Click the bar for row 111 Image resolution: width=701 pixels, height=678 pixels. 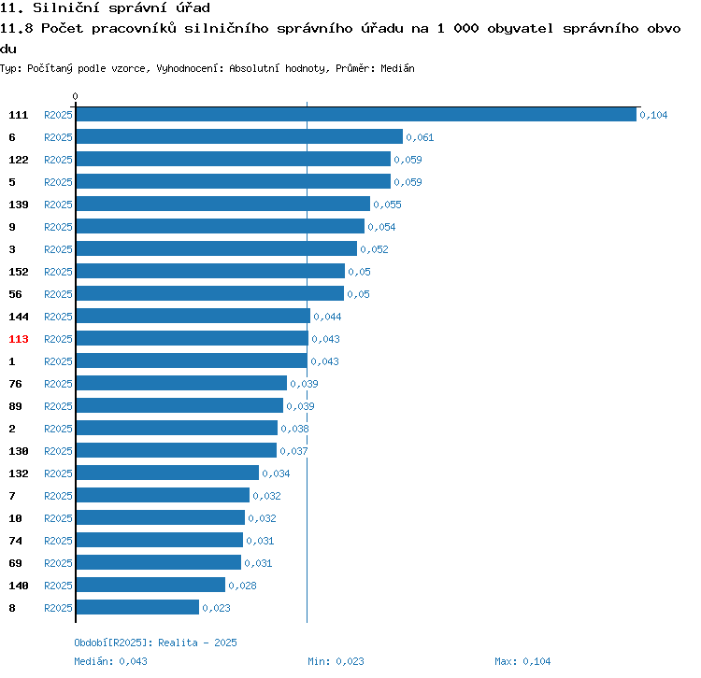tap(356, 114)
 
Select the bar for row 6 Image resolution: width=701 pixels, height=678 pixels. tap(239, 136)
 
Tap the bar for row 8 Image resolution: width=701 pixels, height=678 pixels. tap(137, 607)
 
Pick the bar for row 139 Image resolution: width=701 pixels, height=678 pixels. tap(223, 204)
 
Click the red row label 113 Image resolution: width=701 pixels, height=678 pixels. tap(19, 339)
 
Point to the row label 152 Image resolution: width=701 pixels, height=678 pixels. tap(19, 272)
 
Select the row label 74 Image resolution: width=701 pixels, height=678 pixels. tap(15, 541)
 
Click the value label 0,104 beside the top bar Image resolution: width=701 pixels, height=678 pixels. tap(653, 115)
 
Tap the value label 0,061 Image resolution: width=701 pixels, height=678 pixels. tap(420, 137)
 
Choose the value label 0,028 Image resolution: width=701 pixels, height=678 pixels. tap(242, 586)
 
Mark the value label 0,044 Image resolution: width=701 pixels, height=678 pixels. tap(327, 317)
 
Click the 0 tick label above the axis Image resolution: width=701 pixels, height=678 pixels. tap(75, 96)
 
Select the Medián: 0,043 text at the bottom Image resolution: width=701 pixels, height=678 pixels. tap(110, 661)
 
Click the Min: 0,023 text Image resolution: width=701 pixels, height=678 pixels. tap(336, 661)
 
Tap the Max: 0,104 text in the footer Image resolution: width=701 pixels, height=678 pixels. tap(522, 661)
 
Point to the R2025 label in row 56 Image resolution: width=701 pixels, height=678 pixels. tap(58, 294)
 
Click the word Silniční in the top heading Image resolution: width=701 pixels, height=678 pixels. tap(66, 7)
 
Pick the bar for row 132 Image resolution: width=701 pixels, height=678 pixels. tap(167, 473)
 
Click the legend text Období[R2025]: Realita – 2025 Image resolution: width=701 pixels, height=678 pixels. tap(155, 643)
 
